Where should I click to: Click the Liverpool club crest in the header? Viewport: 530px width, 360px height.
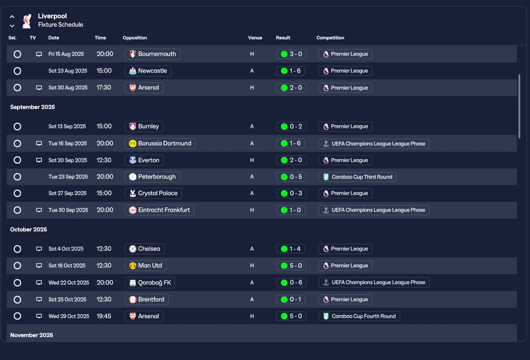click(27, 21)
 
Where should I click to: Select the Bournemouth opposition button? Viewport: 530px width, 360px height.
click(153, 54)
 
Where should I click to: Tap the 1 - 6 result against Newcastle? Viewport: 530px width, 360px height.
click(291, 71)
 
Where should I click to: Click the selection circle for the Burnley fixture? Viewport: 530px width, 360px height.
click(17, 126)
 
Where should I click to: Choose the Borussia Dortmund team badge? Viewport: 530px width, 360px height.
click(132, 143)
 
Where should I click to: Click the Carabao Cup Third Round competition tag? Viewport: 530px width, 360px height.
click(357, 177)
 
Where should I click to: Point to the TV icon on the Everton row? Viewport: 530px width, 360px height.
click(39, 160)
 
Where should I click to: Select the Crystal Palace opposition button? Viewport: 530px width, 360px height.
click(153, 193)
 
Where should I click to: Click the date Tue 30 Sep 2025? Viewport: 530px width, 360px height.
click(68, 210)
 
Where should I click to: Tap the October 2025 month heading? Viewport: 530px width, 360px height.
click(29, 230)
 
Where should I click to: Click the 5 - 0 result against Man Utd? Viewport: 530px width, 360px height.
click(291, 266)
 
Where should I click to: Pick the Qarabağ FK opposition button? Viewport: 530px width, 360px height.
click(150, 283)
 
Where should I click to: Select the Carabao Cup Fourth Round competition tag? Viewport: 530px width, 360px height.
click(359, 316)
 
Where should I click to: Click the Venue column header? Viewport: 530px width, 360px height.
click(255, 38)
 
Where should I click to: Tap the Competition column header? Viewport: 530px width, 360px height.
click(330, 38)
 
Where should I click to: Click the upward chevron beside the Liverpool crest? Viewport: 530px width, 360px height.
click(12, 17)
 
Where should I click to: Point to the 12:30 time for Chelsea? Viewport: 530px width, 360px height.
click(104, 249)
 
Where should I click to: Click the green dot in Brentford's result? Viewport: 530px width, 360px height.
click(284, 300)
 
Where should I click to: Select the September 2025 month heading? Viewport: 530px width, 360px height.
click(32, 107)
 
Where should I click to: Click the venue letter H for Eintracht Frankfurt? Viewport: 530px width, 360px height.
click(252, 210)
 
